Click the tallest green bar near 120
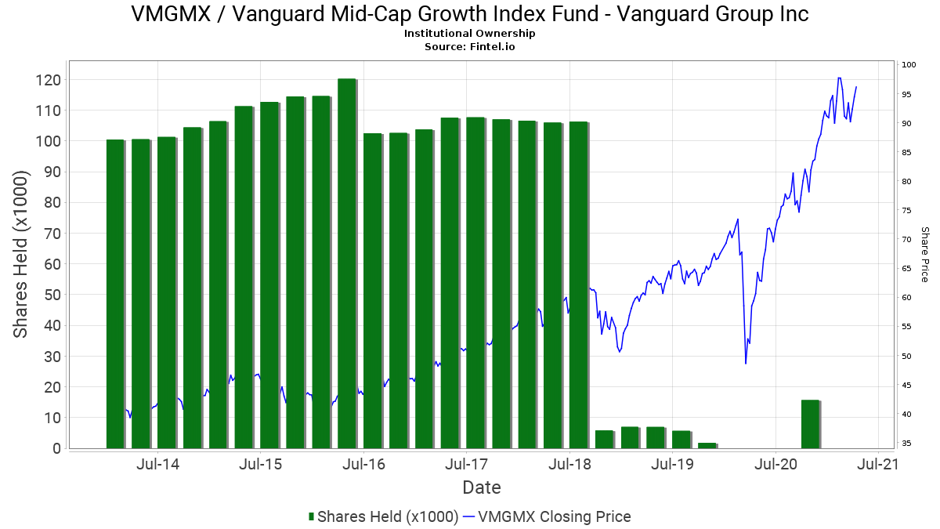click(347, 263)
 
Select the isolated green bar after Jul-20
click(811, 424)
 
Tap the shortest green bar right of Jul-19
click(707, 446)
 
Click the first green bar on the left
click(116, 294)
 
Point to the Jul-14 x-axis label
click(157, 464)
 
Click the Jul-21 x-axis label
click(877, 464)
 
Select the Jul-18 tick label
click(569, 464)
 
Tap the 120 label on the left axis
click(49, 80)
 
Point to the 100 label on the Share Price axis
click(909, 64)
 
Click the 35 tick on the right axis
click(906, 443)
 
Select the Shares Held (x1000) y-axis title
click(20, 255)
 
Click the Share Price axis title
click(925, 255)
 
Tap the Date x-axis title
click(482, 487)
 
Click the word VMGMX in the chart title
click(171, 14)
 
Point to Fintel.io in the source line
click(492, 46)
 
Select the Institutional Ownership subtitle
click(469, 34)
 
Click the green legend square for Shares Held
click(312, 516)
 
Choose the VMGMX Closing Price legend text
click(555, 516)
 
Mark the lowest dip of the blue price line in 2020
click(746, 364)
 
